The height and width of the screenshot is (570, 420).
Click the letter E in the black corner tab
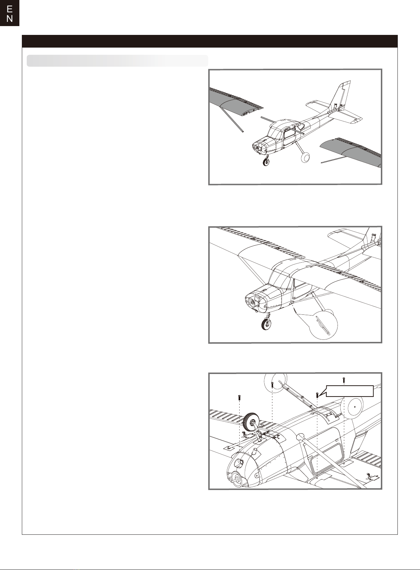click(10, 10)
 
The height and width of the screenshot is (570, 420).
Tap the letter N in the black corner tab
click(10, 19)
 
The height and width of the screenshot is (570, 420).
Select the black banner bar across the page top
click(210, 41)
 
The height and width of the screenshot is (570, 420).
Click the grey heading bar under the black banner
click(117, 61)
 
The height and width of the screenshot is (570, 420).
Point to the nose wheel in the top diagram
click(266, 161)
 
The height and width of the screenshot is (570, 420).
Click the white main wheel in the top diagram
click(305, 157)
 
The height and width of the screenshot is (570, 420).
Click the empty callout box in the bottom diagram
click(350, 391)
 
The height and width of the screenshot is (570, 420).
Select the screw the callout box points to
click(317, 395)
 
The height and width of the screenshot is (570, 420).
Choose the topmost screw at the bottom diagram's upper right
click(344, 380)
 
